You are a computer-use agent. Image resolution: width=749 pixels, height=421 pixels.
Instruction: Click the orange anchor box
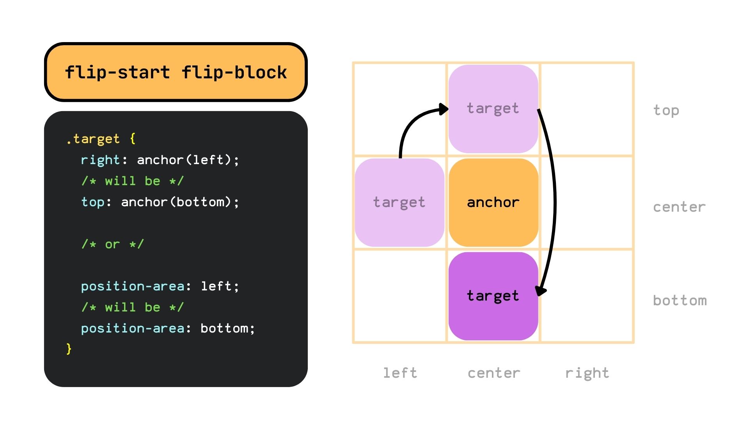coord(493,202)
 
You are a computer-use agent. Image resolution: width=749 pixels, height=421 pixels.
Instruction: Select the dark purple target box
coord(493,296)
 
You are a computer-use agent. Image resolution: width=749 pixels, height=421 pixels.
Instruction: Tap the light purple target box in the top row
coord(493,108)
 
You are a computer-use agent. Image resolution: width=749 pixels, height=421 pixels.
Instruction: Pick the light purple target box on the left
coord(399,202)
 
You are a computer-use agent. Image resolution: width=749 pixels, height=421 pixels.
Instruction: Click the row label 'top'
coord(666,111)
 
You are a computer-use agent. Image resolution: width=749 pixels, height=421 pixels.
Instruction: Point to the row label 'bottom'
coord(680,301)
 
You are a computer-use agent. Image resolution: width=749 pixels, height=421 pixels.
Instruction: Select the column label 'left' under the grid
coord(400,373)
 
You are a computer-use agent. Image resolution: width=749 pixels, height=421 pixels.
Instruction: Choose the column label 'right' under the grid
coord(587,373)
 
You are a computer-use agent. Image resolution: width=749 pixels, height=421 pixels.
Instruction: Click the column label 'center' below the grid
coord(493,373)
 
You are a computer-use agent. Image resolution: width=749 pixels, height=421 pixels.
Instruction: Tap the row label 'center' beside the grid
coord(679,207)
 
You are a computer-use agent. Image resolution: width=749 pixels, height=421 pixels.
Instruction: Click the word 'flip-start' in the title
coord(117,73)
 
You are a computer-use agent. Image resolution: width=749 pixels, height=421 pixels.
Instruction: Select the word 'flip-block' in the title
coord(234,73)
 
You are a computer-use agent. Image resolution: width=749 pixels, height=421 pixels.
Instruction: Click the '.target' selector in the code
coord(93,139)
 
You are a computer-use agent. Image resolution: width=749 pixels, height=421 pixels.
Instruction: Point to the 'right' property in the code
coord(100,160)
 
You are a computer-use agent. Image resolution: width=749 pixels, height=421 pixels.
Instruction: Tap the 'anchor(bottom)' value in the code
coord(176,202)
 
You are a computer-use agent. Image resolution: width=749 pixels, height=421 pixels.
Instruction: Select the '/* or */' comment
coord(112,244)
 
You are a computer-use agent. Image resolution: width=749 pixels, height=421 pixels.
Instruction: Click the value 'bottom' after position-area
coord(224,328)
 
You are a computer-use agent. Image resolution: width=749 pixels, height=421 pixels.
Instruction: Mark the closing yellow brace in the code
coord(69,348)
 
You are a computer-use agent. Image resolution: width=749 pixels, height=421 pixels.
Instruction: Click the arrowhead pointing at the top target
coord(444,109)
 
